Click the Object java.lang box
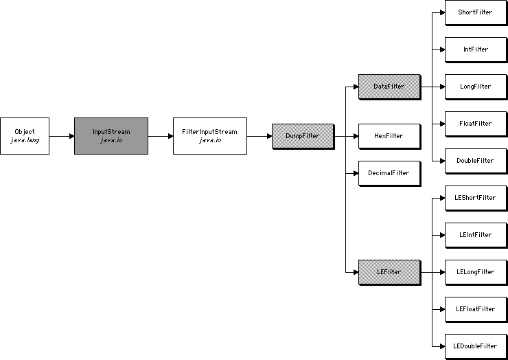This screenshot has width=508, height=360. point(24,135)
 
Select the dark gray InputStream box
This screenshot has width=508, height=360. point(111,135)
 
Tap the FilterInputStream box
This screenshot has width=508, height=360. point(209,135)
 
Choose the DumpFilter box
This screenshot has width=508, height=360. point(302,136)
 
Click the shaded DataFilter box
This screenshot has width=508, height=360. point(389,87)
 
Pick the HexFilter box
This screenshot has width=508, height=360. point(389,136)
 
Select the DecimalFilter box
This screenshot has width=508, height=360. point(389,173)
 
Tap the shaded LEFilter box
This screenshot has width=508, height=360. point(389,272)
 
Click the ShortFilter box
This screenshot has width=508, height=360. point(475,12)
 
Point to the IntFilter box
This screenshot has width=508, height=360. point(475,49)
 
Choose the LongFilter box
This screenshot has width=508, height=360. point(475,87)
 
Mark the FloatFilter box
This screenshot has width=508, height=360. point(475,124)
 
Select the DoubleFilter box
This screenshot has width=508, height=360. point(475,161)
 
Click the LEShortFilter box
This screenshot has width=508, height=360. point(475,198)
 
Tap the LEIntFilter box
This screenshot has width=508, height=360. point(475,235)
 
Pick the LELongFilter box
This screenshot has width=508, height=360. point(475,272)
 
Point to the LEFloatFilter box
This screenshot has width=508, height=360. point(475,309)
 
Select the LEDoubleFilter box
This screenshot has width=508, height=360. point(475,346)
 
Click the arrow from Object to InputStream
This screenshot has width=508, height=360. point(61,136)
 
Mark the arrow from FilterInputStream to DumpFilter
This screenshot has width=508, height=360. point(259,136)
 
